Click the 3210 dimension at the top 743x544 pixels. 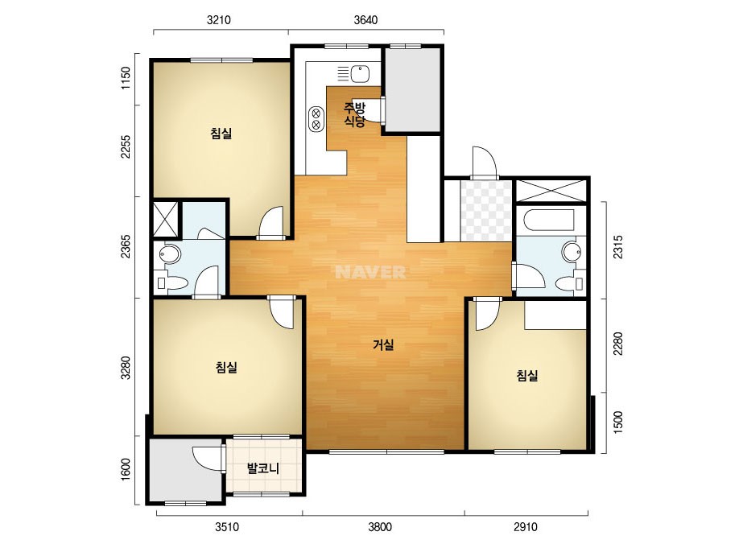[219, 20]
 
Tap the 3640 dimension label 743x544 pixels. [365, 20]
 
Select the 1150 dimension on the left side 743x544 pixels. [125, 79]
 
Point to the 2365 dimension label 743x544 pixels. [125, 246]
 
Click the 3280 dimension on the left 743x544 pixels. [125, 367]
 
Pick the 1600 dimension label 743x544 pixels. [125, 469]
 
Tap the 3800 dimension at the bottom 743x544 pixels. [380, 527]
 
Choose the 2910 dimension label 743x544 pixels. [526, 527]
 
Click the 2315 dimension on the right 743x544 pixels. [618, 247]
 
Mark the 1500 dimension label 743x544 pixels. [618, 422]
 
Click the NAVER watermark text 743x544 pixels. [370, 272]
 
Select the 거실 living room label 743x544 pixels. [383, 345]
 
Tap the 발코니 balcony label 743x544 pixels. [263, 468]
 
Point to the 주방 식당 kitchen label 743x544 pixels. [355, 114]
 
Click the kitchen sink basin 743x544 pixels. [360, 74]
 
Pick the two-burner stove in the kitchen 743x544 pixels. [316, 119]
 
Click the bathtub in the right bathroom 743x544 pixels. [550, 220]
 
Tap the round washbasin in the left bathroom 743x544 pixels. [169, 255]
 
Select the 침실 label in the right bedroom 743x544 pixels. [527, 376]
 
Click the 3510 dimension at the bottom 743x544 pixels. [227, 527]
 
